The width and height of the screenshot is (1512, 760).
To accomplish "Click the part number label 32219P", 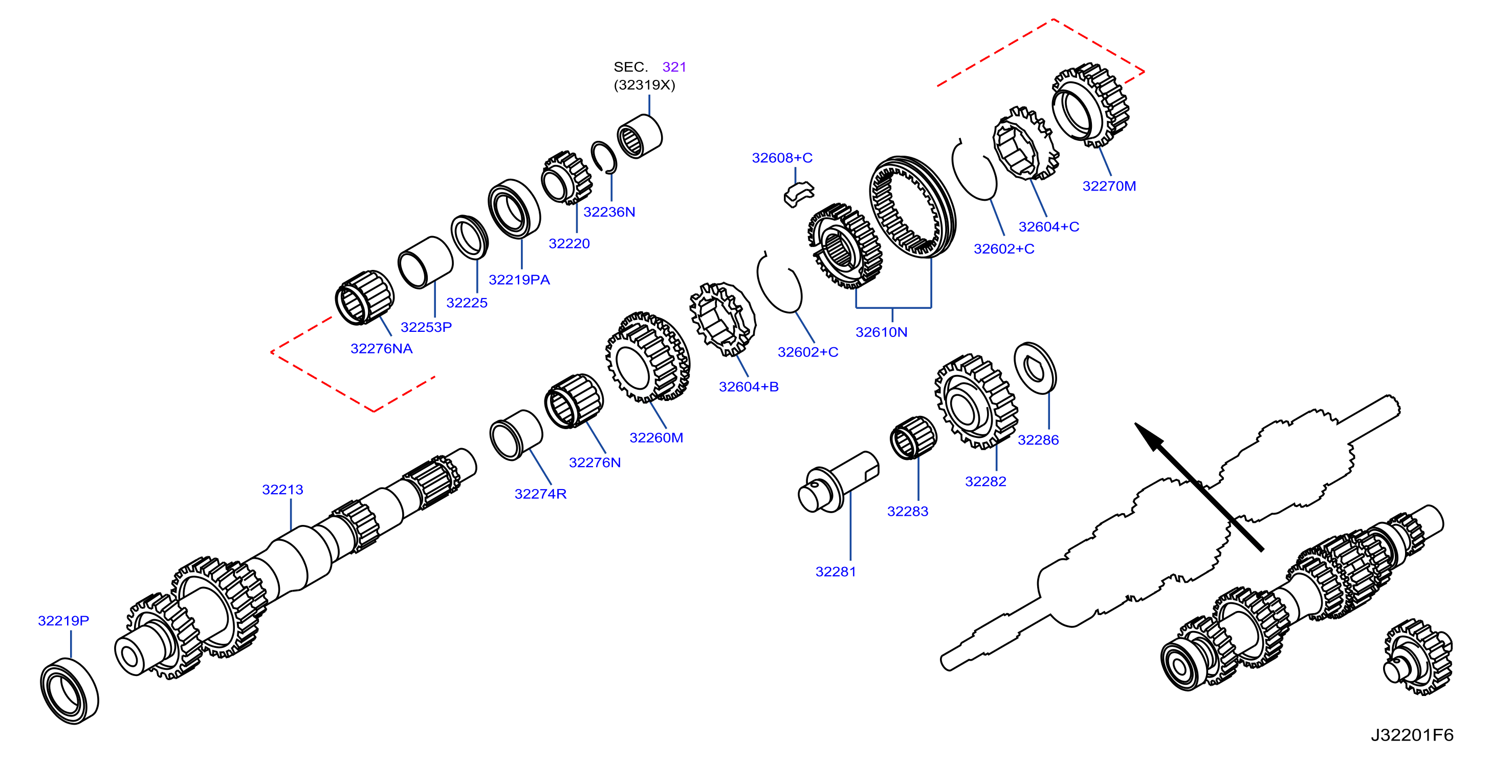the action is (63, 621).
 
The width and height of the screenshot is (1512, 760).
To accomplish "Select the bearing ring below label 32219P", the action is (69, 691).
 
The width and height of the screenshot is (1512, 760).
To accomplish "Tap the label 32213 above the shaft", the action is (282, 490).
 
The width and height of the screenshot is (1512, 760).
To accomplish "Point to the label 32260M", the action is (656, 437).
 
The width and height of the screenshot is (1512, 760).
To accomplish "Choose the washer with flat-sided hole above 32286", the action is (1036, 368).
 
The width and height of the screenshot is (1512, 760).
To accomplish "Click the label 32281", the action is (836, 572).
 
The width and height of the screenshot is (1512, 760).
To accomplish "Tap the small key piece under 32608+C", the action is (799, 195).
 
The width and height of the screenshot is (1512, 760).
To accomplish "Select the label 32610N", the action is (881, 332).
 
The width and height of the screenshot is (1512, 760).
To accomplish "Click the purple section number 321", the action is (674, 67).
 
